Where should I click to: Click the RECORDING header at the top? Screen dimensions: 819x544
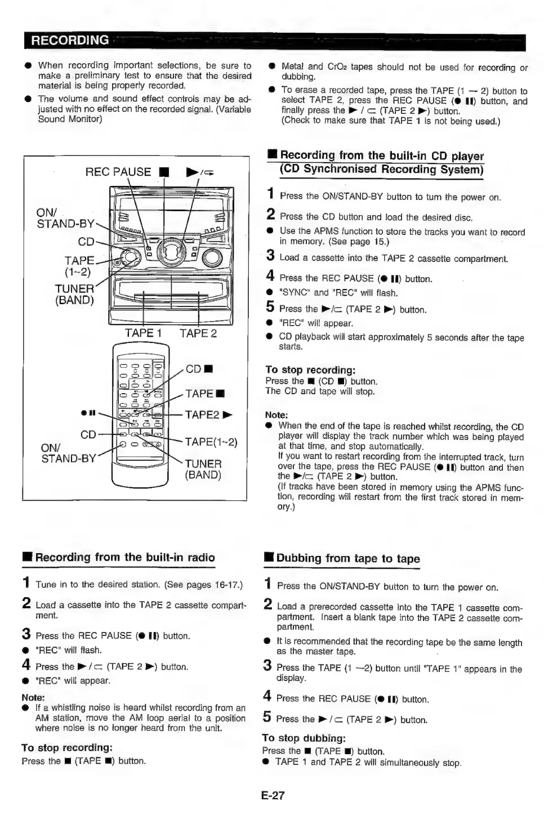tap(70, 41)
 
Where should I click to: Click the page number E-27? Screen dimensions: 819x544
tap(273, 795)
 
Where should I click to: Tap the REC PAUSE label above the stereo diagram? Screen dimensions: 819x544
tap(118, 172)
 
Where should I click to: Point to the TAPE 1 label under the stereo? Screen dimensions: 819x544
tap(143, 333)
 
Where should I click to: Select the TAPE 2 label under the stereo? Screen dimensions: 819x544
tap(198, 333)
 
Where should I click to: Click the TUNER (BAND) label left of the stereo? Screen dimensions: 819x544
tap(74, 294)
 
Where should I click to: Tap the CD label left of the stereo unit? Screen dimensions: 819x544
tap(86, 242)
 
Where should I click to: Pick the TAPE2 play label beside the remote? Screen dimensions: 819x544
tap(208, 415)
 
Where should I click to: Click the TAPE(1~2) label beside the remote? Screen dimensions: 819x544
tap(211, 442)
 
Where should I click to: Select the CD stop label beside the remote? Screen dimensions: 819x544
tap(199, 370)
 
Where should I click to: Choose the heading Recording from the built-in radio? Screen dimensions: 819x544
tap(124, 558)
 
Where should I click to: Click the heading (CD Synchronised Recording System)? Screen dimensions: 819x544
tap(382, 169)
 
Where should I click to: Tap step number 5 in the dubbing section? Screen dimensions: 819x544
tap(267, 717)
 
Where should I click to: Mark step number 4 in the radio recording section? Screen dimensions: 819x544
tap(26, 665)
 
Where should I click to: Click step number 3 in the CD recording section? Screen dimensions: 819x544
tap(270, 256)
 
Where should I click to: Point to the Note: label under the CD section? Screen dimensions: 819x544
tap(277, 415)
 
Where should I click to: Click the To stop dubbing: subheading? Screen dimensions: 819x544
tap(304, 738)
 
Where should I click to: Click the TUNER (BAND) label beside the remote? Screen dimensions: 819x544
tap(203, 469)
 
